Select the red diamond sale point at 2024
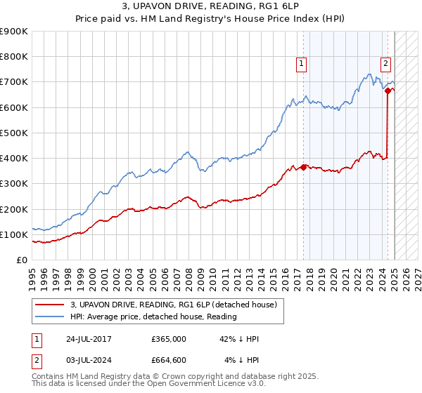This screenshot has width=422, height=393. tap(388, 91)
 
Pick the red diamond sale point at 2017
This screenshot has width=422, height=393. tap(303, 167)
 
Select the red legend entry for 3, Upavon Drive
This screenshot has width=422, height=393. tap(175, 305)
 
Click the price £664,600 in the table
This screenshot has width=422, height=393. tap(168, 360)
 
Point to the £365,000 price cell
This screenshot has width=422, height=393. tap(168, 339)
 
